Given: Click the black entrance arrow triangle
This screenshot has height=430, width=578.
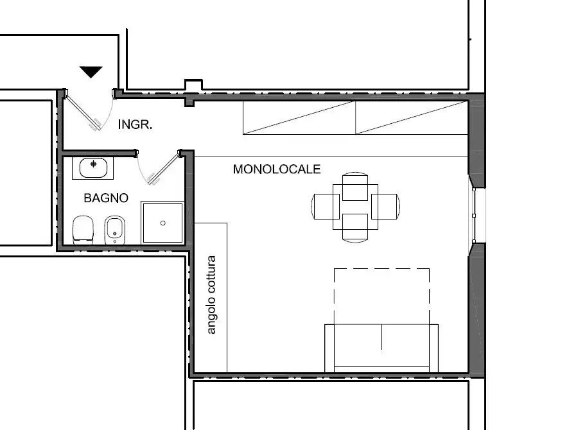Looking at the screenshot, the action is click(x=91, y=71).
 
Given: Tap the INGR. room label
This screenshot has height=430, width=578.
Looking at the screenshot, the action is click(x=135, y=125).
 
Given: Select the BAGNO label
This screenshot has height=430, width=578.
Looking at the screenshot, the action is click(x=106, y=198).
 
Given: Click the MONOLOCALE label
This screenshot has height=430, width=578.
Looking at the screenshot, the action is click(x=277, y=169).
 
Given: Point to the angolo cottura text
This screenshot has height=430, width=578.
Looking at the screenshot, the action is click(x=211, y=295).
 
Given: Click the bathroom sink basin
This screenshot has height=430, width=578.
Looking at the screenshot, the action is click(x=93, y=168).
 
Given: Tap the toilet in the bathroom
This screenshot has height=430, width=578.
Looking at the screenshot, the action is click(x=83, y=230).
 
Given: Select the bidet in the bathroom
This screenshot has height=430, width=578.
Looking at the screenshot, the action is click(x=115, y=230).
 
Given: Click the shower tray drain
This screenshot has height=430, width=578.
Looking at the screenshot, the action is click(x=163, y=223).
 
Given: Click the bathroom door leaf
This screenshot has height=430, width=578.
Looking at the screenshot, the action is click(x=164, y=168).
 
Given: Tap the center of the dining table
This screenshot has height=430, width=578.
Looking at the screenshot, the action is click(x=355, y=207).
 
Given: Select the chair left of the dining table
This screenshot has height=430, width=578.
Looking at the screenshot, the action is click(x=326, y=207).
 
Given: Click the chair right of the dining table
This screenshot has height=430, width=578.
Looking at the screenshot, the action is click(x=385, y=207).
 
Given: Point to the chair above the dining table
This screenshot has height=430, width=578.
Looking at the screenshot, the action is click(x=355, y=186).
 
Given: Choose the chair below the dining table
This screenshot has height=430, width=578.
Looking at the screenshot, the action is click(x=355, y=228).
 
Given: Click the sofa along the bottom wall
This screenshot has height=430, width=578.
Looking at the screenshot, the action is click(x=381, y=348).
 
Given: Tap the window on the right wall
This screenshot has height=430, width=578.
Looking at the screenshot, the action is click(x=474, y=216).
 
